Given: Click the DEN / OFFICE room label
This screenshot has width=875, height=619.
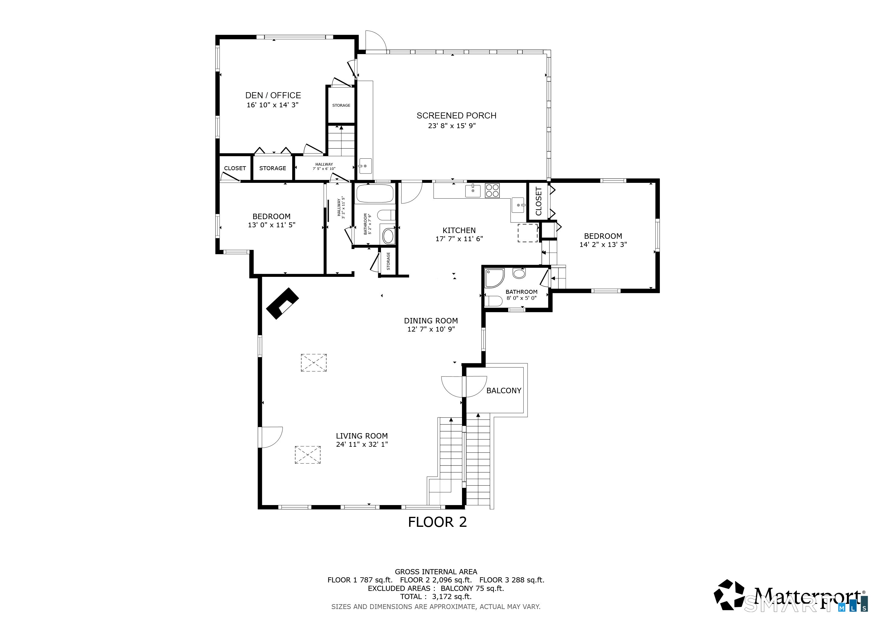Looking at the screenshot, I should [273, 95].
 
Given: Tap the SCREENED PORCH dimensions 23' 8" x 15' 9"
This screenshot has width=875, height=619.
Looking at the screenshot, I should [452, 126].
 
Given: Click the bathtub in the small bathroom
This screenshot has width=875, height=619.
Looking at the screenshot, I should [374, 194].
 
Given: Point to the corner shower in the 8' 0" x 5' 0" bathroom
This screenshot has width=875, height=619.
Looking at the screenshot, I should [494, 277].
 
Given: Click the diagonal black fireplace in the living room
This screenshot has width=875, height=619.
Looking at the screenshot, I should [283, 303].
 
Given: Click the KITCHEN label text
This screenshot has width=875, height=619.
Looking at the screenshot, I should [459, 230].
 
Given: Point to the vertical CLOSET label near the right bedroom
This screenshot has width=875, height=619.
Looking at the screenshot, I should [538, 201].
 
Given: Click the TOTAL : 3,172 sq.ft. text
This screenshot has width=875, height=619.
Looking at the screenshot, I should [436, 597].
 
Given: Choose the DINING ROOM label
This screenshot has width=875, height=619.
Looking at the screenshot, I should [431, 321].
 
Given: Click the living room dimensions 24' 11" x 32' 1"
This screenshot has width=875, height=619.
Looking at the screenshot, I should [362, 444].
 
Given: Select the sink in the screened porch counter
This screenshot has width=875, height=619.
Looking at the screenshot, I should [365, 166].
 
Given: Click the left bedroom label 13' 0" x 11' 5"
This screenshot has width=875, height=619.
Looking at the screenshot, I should [271, 225].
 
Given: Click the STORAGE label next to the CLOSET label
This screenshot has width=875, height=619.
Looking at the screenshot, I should [273, 168].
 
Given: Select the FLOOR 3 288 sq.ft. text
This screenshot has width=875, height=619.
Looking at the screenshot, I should [512, 580].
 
